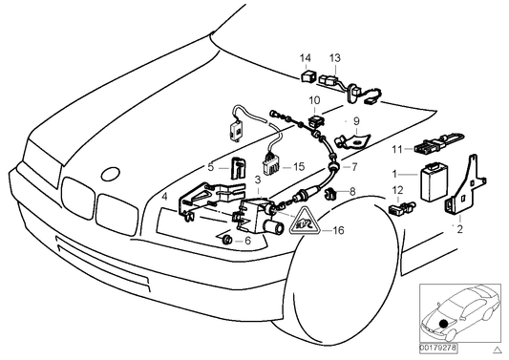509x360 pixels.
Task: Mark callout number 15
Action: click(298, 167)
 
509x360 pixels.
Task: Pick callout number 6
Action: click(248, 242)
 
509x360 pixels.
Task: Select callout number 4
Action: click(166, 198)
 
